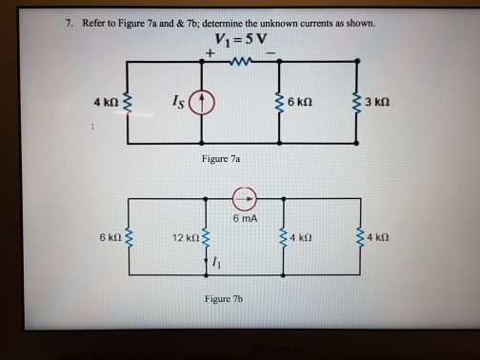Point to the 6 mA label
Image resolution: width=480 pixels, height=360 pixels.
(x=245, y=219)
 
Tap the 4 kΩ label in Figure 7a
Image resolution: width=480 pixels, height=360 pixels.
(x=105, y=101)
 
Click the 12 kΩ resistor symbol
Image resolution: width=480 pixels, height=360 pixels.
(x=203, y=236)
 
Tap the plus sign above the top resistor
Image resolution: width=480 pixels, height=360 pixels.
(x=208, y=54)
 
